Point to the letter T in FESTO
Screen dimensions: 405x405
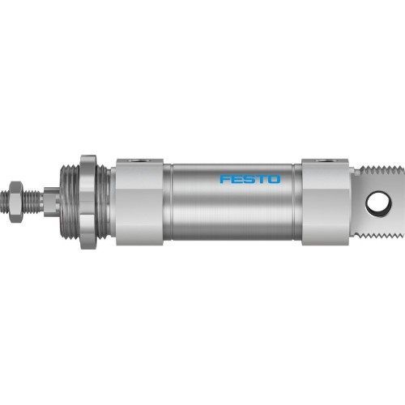[x=261, y=178]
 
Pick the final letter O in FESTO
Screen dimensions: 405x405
[x=274, y=178]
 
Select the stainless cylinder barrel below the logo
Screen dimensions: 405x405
[x=235, y=211]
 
